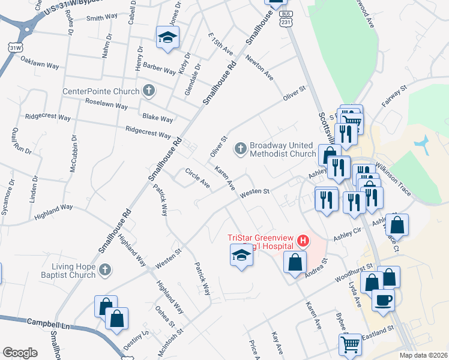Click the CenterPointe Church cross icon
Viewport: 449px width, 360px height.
[149, 91]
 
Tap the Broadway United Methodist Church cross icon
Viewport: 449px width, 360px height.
[241, 148]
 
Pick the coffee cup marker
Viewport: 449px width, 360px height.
[383, 299]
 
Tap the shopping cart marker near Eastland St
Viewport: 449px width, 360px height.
[350, 343]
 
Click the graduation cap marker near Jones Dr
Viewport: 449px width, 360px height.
[167, 37]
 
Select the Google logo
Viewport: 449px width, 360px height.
[20, 352]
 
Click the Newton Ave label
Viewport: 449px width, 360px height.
[261, 70]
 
